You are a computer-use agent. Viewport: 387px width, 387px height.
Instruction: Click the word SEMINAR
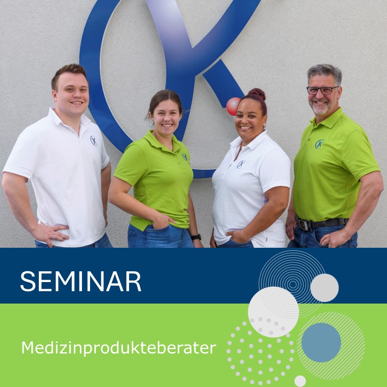pyautogui.click(x=81, y=282)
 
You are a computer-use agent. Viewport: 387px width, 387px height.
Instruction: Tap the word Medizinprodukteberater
pyautogui.click(x=119, y=348)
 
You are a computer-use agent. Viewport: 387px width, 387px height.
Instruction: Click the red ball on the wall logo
pyautogui.click(x=233, y=106)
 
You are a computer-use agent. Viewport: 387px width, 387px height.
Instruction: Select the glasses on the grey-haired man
pyautogui.click(x=322, y=90)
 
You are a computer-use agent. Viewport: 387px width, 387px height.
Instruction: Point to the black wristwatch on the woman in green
pyautogui.click(x=196, y=237)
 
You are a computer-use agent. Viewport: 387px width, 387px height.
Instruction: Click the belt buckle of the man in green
pyautogui.click(x=304, y=224)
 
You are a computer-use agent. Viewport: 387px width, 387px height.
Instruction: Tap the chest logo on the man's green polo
pyautogui.click(x=319, y=144)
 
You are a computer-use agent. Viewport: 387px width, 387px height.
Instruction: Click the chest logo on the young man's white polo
pyautogui.click(x=94, y=141)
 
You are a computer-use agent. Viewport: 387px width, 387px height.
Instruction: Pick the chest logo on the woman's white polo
pyautogui.click(x=241, y=164)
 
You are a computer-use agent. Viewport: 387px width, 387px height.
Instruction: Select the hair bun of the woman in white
pyautogui.click(x=257, y=94)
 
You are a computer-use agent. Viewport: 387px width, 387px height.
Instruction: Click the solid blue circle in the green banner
pyautogui.click(x=321, y=342)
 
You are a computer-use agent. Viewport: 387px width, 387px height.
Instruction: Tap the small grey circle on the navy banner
pyautogui.click(x=325, y=288)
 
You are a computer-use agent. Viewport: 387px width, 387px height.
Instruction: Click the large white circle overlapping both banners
pyautogui.click(x=273, y=312)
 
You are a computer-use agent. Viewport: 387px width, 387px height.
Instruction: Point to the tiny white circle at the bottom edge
pyautogui.click(x=300, y=381)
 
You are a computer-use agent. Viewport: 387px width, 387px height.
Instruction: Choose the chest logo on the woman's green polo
pyautogui.click(x=185, y=157)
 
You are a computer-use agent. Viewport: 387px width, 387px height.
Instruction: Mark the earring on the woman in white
pyautogui.click(x=264, y=125)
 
